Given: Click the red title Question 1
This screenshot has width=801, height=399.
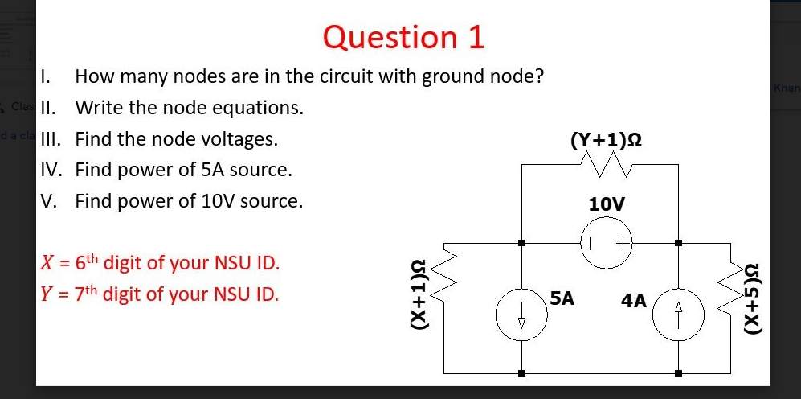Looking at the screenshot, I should coord(404,37).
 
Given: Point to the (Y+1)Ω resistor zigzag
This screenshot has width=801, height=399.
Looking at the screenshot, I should coord(607,166).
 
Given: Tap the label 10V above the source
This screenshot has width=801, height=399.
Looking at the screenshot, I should coord(607,204).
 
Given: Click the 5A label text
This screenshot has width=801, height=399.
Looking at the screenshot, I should coord(563,298).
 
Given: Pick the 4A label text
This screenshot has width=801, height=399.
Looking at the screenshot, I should coord(633,300).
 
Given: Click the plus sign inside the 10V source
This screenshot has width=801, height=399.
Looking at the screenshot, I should coord(621,241).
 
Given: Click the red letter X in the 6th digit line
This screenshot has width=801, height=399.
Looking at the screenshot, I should coord(47,263).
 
